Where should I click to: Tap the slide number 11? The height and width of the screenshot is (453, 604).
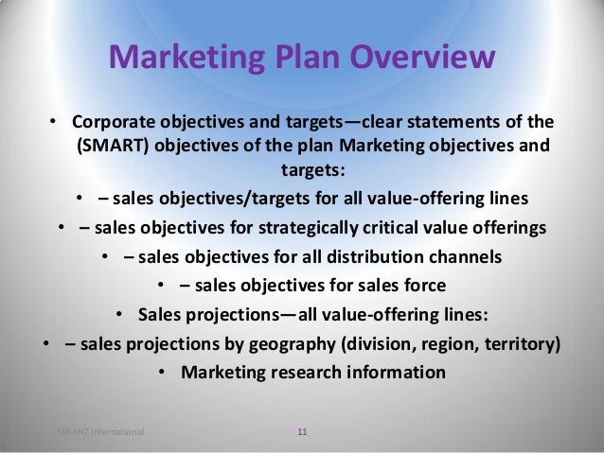point(302,432)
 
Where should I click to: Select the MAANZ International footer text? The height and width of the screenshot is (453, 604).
point(100,432)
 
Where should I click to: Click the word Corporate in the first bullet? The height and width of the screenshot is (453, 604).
point(112,124)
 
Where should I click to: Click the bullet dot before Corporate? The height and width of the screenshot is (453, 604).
point(55,125)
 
